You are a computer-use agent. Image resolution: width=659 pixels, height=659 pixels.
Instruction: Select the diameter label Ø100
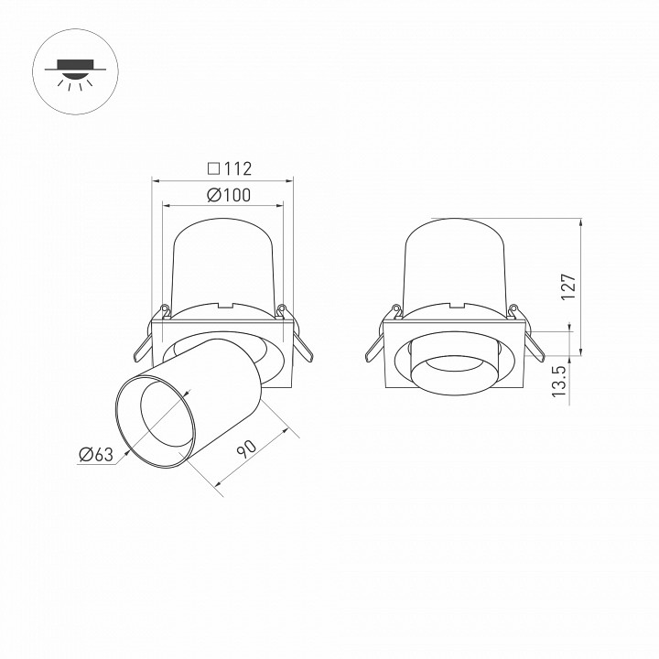[x=228, y=195]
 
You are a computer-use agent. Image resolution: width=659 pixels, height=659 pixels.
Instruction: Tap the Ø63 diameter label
[x=95, y=452]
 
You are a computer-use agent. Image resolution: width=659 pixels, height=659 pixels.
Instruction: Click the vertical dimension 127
[x=567, y=287]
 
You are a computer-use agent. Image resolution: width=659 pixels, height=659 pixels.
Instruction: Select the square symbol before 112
[x=212, y=168]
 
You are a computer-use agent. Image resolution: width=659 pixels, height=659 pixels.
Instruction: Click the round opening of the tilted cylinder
[x=155, y=420]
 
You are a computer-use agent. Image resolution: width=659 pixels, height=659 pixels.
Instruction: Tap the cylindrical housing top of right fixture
[x=456, y=261]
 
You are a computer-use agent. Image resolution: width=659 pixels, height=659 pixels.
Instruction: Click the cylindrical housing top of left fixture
[x=222, y=261]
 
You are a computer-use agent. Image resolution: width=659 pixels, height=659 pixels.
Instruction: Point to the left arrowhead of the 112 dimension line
[x=155, y=180]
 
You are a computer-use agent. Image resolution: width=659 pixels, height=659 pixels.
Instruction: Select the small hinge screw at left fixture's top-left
[x=165, y=308]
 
